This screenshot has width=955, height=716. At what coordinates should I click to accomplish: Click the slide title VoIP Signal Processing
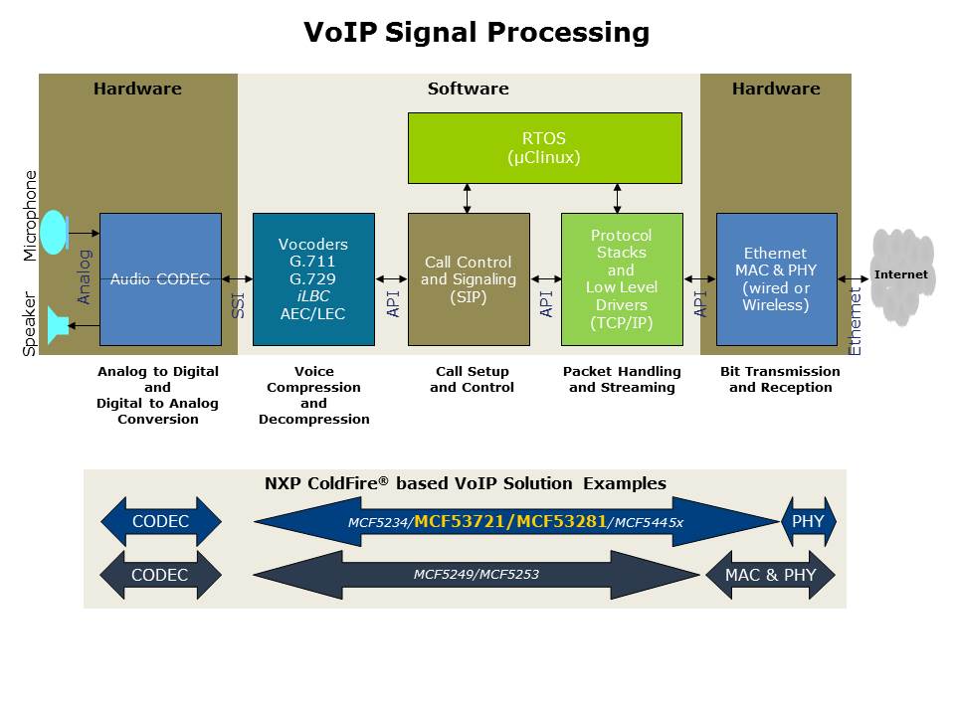477,33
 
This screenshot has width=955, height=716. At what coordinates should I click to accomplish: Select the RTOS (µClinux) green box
544,148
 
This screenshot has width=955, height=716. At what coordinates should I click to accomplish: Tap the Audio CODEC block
160,279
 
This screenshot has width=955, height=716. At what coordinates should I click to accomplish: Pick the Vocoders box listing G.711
313,279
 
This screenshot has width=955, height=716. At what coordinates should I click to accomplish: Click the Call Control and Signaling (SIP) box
469,279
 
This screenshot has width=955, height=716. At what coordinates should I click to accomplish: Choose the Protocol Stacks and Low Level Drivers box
622,279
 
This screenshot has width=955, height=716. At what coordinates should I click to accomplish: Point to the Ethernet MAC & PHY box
776,279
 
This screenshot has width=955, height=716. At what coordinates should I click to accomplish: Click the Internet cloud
901,275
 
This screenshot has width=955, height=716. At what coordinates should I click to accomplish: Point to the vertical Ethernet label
856,320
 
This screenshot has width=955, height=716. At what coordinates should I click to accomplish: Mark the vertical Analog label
85,276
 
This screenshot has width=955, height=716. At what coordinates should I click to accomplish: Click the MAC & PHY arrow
771,575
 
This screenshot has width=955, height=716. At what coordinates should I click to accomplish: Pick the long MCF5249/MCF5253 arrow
477,575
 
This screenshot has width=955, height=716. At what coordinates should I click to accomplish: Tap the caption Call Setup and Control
472,379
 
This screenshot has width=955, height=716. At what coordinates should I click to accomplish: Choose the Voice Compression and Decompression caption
313,395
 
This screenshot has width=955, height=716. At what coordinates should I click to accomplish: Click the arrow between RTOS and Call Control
468,198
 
